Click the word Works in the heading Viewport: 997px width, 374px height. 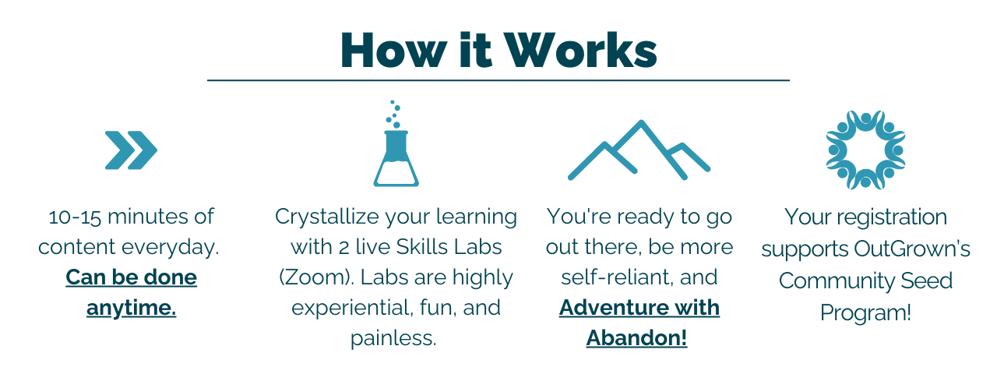tap(580, 51)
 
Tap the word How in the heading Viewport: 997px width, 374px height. tap(394, 51)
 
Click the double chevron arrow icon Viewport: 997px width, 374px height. tap(131, 150)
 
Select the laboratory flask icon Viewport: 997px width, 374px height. tap(396, 158)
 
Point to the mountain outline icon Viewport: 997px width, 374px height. tap(639, 150)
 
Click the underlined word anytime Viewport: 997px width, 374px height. tap(132, 308)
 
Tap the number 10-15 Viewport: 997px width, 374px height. tap(75, 217)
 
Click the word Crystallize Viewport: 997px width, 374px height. tap(326, 217)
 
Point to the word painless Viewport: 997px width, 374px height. tap(393, 338)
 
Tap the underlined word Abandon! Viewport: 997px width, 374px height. tap(637, 338)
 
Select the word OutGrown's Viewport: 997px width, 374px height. tap(912, 249)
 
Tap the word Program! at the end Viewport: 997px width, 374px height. tap(865, 313)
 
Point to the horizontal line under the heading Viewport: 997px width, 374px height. tap(498, 80)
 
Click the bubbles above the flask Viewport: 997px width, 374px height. tap(393, 114)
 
